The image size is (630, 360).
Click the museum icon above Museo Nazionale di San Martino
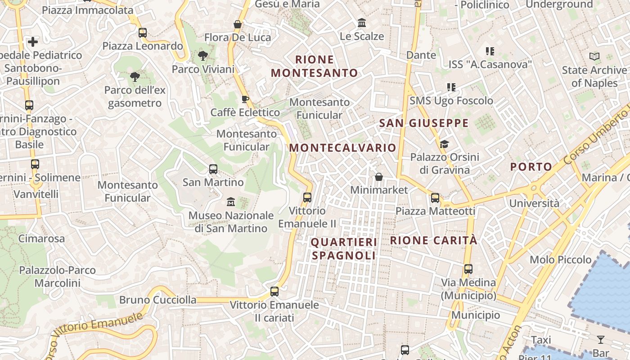(231, 201)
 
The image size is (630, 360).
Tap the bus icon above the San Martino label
(213, 169)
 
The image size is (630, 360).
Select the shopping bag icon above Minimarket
(379, 177)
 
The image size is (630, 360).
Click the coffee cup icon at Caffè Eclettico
(245, 99)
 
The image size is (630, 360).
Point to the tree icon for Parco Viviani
(203, 56)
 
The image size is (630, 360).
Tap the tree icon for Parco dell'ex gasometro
(135, 76)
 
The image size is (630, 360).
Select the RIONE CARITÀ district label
(433, 240)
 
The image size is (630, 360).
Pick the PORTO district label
(531, 167)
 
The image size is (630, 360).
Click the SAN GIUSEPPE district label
(424, 123)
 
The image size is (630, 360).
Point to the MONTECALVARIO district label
(342, 148)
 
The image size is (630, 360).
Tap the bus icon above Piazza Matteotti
(435, 198)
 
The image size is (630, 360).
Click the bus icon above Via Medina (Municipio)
(468, 269)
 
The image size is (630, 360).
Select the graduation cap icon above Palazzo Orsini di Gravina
(445, 144)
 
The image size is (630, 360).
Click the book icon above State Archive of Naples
(594, 57)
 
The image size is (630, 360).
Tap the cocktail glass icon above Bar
(601, 339)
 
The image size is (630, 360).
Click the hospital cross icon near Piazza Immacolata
(33, 42)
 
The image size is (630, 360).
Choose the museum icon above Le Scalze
(362, 22)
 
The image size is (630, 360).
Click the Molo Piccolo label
(561, 260)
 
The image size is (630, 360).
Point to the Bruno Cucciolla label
(157, 300)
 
